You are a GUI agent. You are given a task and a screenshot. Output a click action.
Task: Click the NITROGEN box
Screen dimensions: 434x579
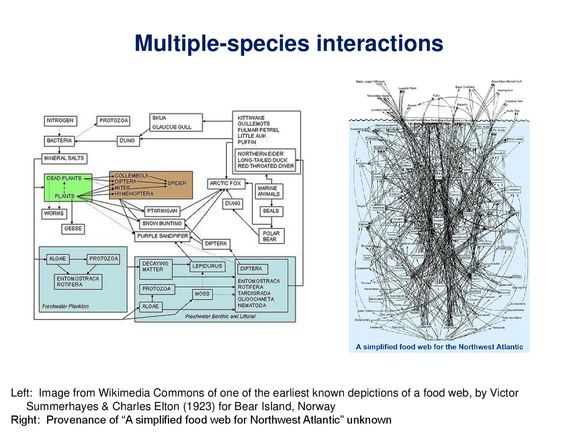pos(60,121)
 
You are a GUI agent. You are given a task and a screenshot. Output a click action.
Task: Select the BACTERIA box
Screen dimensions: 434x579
pos(59,141)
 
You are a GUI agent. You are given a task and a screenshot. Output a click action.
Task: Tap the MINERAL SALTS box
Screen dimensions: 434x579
pos(64,158)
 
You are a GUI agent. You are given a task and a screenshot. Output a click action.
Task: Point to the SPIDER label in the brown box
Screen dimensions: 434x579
pos(177,183)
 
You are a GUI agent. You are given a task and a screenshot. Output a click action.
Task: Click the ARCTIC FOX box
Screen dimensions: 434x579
pos(225,183)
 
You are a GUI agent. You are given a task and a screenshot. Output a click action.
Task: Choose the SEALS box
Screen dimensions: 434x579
pos(271,211)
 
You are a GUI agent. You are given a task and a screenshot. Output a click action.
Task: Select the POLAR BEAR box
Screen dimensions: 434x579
pos(271,236)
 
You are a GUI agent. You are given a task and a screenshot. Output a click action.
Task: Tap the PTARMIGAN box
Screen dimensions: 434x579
pos(162,211)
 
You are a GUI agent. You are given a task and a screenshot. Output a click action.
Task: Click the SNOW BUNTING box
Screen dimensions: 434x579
pos(162,223)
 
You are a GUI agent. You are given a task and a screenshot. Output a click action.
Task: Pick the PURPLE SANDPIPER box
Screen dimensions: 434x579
pos(162,236)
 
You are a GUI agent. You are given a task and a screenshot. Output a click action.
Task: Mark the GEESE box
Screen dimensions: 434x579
pos(73,229)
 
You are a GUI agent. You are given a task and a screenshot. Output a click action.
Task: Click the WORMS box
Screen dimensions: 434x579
pos(54,213)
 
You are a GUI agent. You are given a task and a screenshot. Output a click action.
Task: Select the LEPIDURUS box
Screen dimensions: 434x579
pos(207,266)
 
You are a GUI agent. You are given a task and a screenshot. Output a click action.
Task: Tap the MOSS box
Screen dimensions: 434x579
pos(202,293)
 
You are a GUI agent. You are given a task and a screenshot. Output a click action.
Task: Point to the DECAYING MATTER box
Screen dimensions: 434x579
pos(155,266)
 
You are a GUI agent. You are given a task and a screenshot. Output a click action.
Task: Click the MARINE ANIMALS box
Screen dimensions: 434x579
pos(268,191)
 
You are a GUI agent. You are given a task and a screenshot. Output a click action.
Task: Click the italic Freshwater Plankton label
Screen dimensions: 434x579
pos(65,307)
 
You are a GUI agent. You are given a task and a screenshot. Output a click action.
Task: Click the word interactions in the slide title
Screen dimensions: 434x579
pos(380,43)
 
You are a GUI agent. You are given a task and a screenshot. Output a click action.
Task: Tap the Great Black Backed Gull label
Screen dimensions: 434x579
pos(506,81)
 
